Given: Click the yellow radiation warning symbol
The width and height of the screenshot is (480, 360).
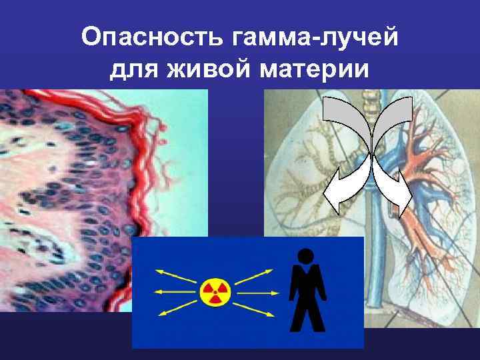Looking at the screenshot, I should click(215, 292).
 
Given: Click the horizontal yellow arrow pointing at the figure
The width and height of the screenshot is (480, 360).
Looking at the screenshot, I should click(257, 292).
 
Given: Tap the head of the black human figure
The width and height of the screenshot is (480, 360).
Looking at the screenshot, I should click(306, 256).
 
